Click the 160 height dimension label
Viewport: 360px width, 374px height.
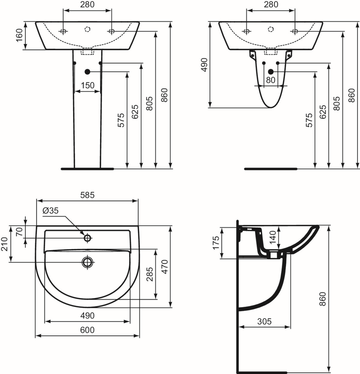pos(19,35)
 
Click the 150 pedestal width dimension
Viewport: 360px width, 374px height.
pos(88,85)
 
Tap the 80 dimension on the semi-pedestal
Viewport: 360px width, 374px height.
pos(271,80)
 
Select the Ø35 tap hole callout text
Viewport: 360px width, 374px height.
pos(51,211)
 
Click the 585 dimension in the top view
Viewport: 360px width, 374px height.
pos(87,195)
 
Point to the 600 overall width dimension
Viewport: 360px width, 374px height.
pos(87,330)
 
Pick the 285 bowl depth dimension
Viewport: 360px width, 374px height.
pos(150,274)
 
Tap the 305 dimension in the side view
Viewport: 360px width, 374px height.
pos(264,322)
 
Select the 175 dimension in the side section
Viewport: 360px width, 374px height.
pos(216,243)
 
